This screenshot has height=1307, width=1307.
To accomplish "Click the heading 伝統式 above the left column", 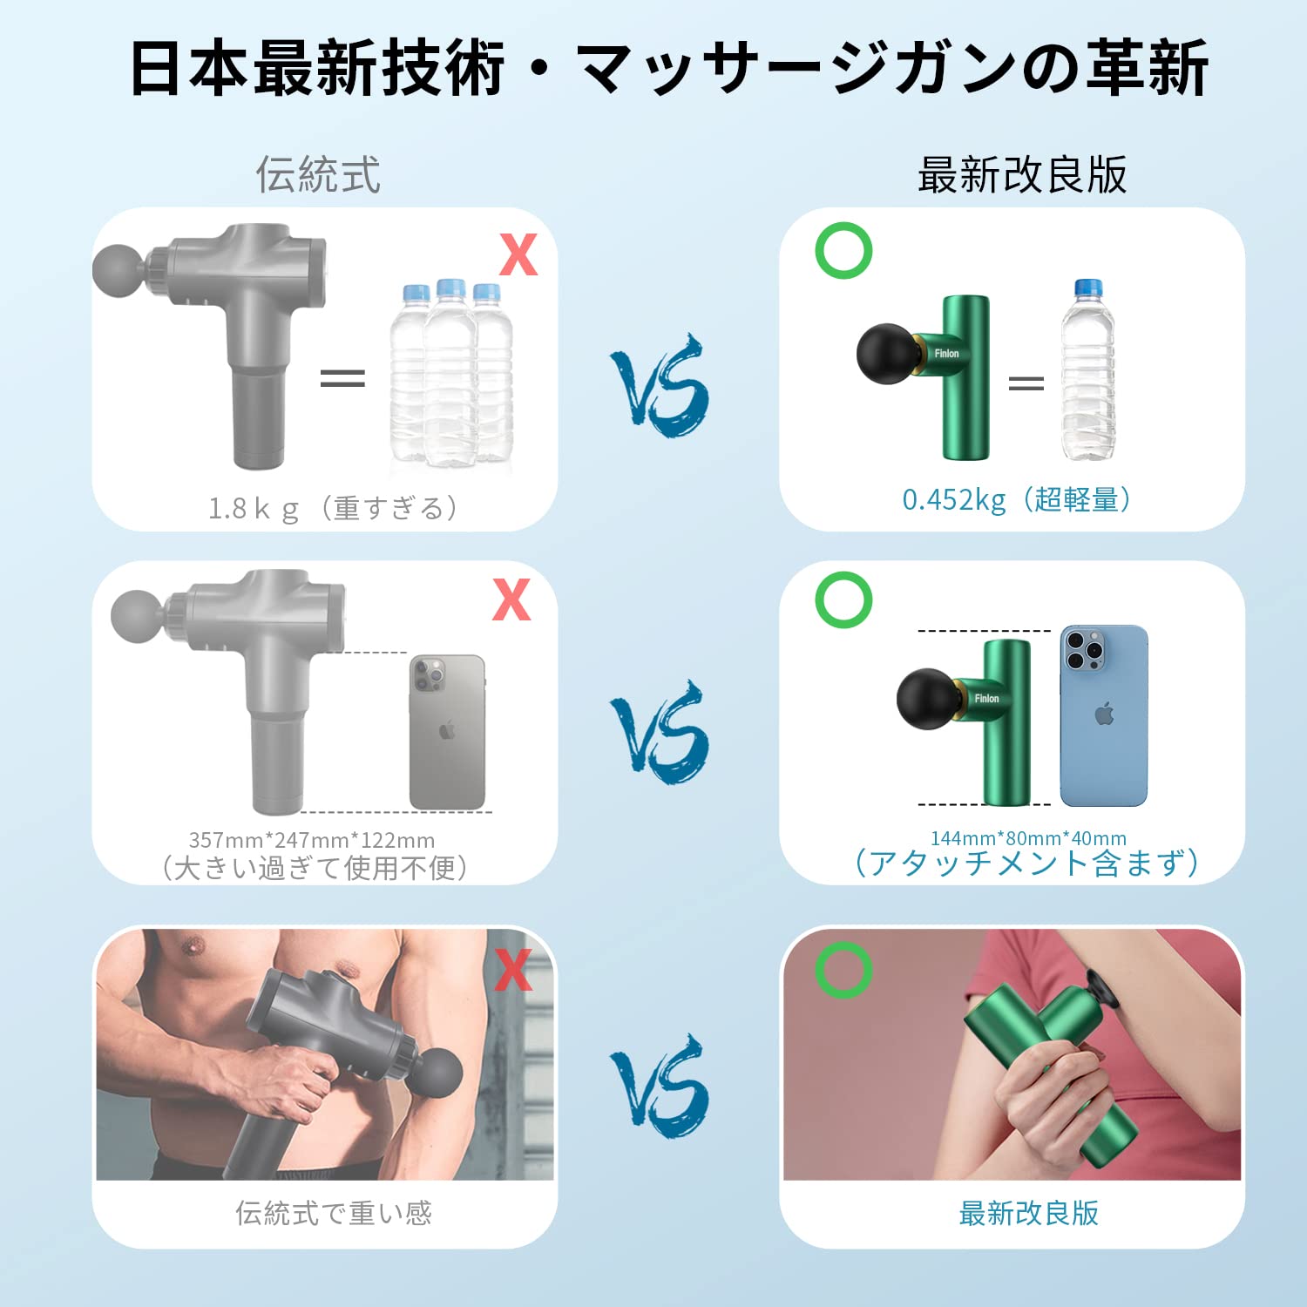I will pos(318,174).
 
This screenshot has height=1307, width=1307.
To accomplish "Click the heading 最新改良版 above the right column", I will pos(1022,174).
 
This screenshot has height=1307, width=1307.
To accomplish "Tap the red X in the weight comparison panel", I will pos(518,254).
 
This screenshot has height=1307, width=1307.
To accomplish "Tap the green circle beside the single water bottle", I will pos(843,250).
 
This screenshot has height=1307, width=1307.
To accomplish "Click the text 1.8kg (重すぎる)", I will pos(333,507).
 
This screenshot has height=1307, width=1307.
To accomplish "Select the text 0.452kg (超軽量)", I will pos(1016,499).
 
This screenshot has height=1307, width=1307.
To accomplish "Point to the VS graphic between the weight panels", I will pos(660,385).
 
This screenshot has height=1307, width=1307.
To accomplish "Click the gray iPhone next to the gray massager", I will pos(447,732).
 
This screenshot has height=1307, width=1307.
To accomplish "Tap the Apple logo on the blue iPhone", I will pos(1104,715).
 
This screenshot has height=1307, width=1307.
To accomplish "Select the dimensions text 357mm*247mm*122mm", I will pos(312,840).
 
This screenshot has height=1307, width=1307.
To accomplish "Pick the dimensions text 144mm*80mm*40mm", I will pos(1028,837).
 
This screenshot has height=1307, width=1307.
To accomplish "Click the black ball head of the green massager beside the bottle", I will pos(888,354).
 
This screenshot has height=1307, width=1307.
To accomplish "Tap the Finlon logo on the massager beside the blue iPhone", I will pos(986,698).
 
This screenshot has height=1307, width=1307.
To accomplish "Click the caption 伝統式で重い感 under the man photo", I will pos(333,1212).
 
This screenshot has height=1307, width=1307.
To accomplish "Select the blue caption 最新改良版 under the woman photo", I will pos(1028,1212).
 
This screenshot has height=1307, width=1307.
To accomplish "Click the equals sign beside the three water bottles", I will pos(342,377).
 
